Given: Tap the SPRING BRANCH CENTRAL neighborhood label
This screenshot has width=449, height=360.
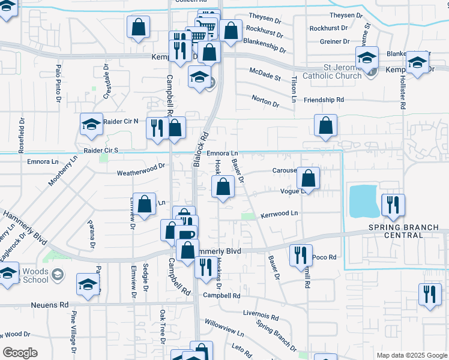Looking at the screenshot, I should click(404, 231).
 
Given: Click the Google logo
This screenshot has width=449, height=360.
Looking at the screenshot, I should click(20, 353).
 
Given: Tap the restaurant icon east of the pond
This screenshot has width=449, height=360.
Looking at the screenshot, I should click(393, 205).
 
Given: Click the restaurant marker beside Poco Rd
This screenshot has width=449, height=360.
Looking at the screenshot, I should click(301, 255).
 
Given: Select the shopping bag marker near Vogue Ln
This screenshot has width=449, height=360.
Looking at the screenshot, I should click(308, 178).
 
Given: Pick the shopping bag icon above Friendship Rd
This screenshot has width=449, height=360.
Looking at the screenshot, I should click(325, 126).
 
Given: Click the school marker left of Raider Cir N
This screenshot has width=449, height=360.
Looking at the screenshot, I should click(91, 124).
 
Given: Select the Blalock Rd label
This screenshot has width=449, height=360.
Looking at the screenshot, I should click(200, 149).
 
